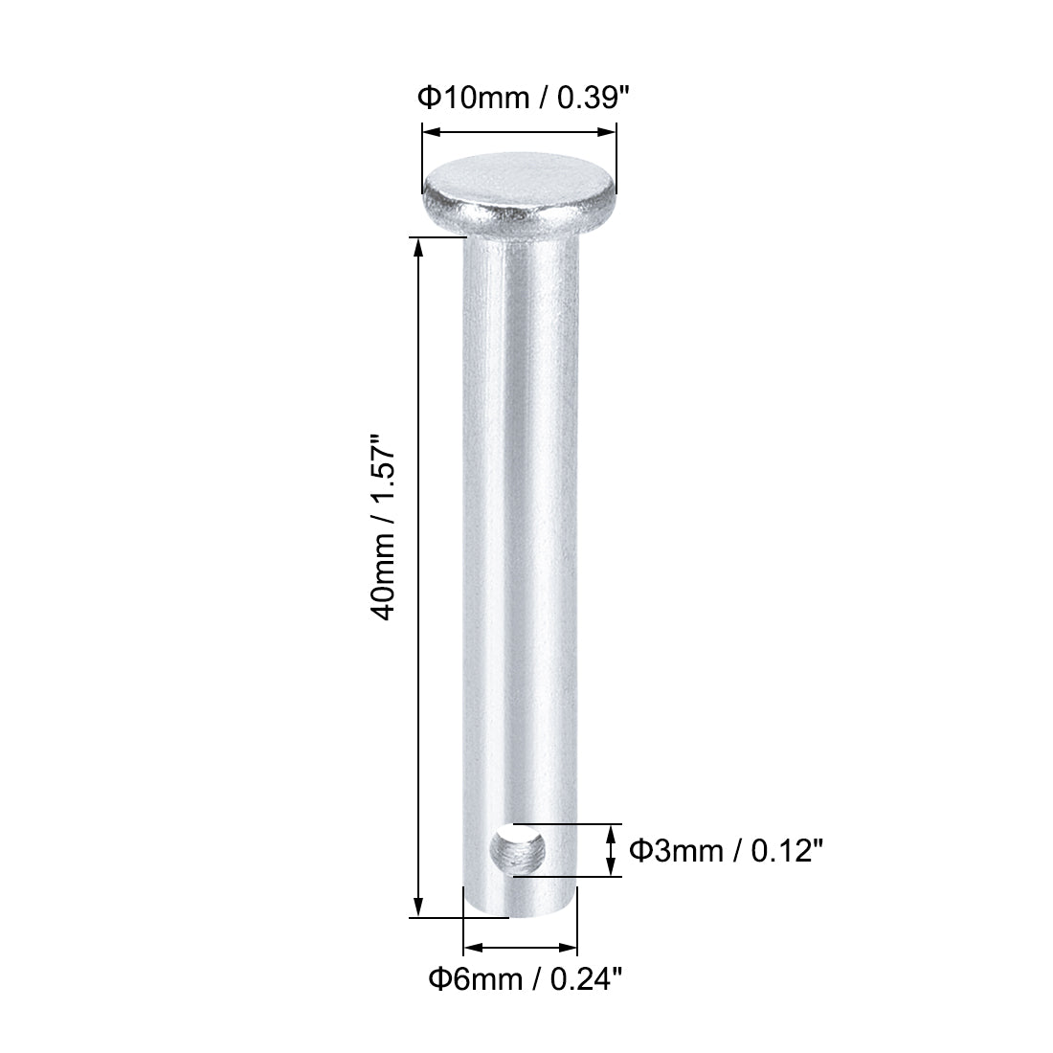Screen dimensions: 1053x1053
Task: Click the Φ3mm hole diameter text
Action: click(x=675, y=849)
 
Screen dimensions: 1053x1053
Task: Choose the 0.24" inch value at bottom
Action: click(x=589, y=978)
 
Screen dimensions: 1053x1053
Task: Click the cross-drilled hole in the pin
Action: click(x=517, y=849)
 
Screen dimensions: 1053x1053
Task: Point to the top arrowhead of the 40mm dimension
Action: click(x=418, y=245)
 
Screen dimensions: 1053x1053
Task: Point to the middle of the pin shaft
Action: click(x=520, y=555)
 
